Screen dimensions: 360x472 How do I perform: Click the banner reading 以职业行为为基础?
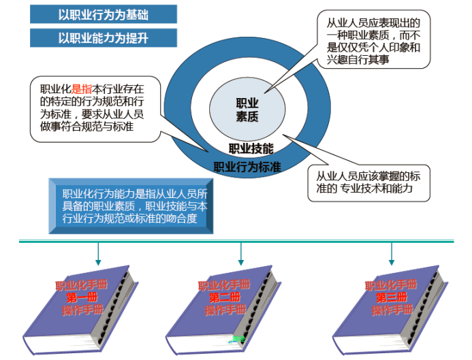click(104, 14)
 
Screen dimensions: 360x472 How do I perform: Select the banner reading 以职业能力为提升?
click(104, 37)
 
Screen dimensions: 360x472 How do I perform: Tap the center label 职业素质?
click(247, 110)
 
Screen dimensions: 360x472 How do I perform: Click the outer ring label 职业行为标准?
click(248, 165)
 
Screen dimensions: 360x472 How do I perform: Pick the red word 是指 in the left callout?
click(81, 88)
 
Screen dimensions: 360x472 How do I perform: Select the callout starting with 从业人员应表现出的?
click(373, 39)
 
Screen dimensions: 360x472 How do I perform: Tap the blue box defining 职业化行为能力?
click(132, 205)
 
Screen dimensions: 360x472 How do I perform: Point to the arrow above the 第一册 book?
click(98, 254)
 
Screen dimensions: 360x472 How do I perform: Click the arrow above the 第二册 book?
click(240, 254)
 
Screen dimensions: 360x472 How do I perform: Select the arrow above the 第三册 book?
click(392, 254)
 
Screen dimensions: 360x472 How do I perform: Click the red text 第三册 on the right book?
click(392, 297)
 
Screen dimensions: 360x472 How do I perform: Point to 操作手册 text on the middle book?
click(225, 310)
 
